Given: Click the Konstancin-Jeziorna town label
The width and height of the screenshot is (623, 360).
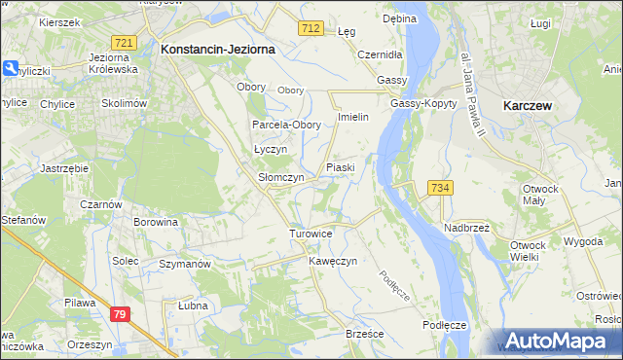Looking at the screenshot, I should point(218,48).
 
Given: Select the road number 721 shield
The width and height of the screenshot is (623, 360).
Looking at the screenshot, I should point(124,44).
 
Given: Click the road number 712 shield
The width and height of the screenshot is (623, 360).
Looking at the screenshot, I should point(311,30).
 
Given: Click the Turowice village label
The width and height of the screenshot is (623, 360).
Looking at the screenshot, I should point(311,234).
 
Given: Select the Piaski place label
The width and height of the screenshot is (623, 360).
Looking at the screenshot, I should point(340,167).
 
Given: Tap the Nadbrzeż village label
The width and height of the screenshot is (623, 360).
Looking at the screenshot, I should point(466,227).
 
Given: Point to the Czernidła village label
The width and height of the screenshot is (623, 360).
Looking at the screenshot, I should point(381,54).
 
